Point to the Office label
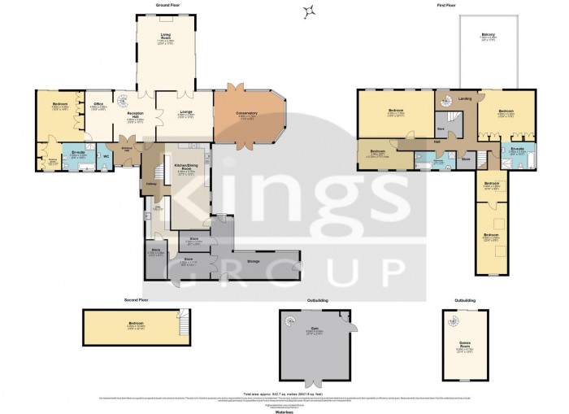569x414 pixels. [97, 104]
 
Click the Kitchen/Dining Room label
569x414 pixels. [185, 168]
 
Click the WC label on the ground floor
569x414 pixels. [106, 155]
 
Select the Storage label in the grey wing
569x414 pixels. [253, 262]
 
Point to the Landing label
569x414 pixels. [465, 99]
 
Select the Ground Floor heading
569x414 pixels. [167, 4]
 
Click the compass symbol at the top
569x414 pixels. [309, 11]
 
